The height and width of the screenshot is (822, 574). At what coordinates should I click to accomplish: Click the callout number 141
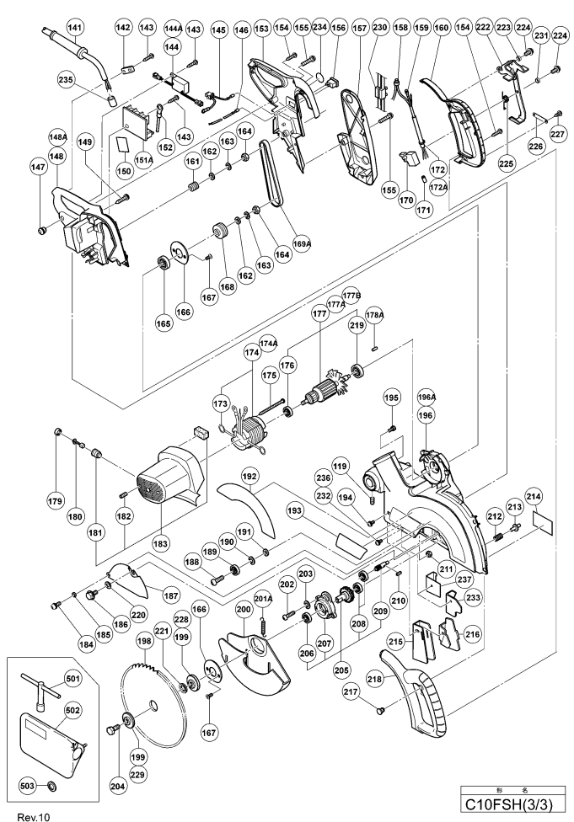[x=76, y=28]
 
